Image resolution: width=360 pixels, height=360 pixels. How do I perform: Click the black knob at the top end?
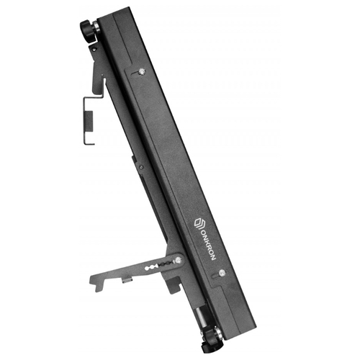click(87, 31)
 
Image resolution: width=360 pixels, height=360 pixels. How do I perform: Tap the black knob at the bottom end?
click(210, 341)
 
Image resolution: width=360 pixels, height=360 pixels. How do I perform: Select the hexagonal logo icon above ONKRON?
click(199, 223)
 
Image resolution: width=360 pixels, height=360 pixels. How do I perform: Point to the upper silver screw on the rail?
click(141, 71)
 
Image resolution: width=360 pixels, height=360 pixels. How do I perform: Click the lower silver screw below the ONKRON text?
click(222, 272)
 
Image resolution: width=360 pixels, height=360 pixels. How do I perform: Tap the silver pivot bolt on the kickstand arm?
click(178, 260)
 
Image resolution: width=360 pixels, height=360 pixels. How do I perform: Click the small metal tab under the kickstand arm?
click(127, 280)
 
